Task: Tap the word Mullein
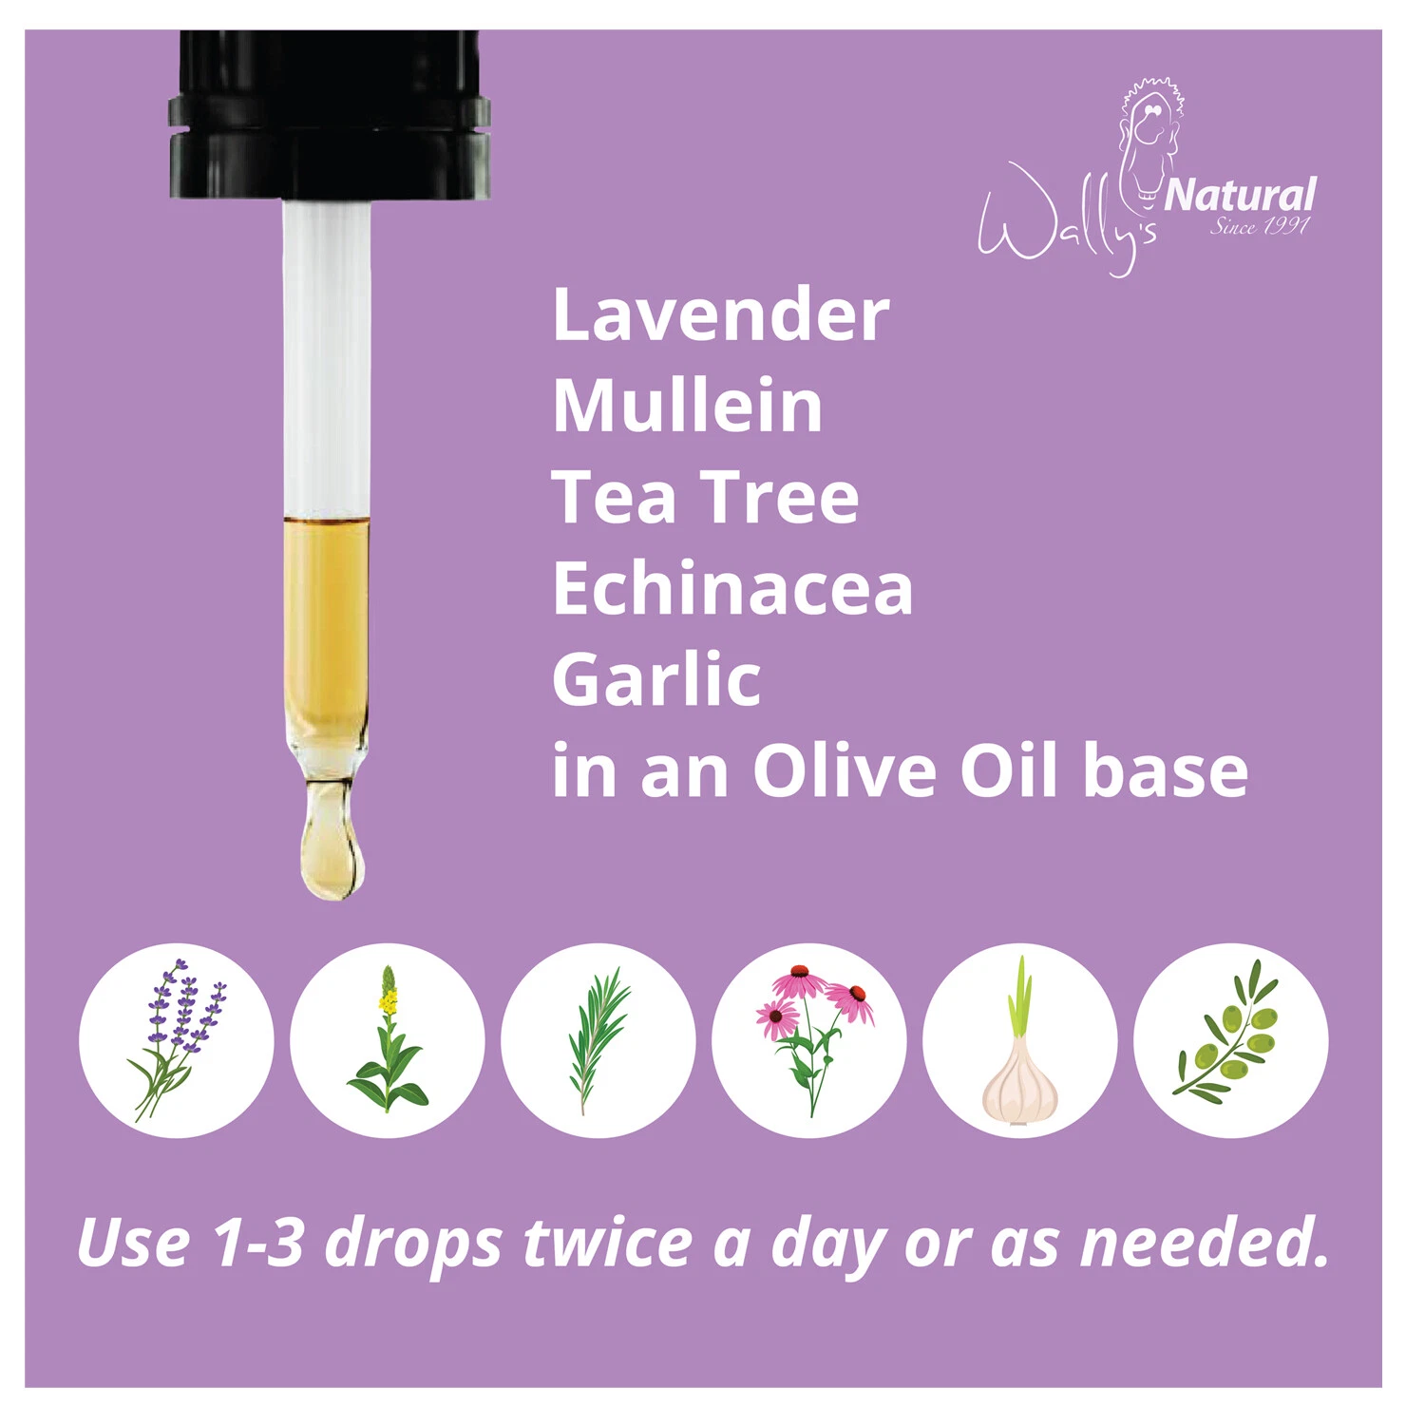[x=688, y=406]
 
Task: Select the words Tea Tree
[x=705, y=497]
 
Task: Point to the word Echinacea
[x=732, y=588]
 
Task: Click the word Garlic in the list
[x=656, y=679]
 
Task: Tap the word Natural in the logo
[x=1240, y=195]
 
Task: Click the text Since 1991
[x=1260, y=226]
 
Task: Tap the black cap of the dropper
[x=330, y=115]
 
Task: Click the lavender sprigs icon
[x=177, y=1040]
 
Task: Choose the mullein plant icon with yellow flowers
[x=388, y=1040]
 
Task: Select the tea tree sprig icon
[x=598, y=1040]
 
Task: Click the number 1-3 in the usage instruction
[x=257, y=1242]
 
